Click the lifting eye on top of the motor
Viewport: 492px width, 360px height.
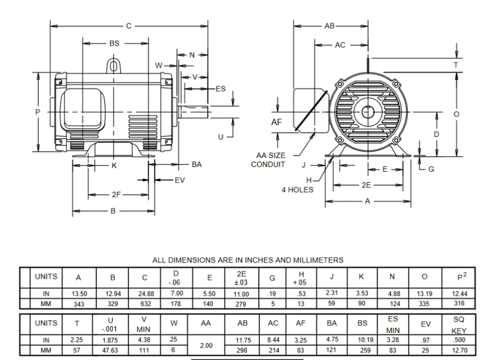click(x=114, y=66)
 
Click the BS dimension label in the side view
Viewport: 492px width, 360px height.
click(x=114, y=43)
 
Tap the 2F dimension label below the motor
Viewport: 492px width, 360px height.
click(x=116, y=195)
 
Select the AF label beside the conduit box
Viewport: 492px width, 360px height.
click(x=277, y=122)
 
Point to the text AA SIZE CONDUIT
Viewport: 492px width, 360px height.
click(x=271, y=160)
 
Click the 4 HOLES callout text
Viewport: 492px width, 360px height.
click(x=298, y=189)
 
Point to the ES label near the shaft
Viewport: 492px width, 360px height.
click(x=220, y=89)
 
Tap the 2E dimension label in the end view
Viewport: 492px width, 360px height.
click(x=366, y=185)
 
